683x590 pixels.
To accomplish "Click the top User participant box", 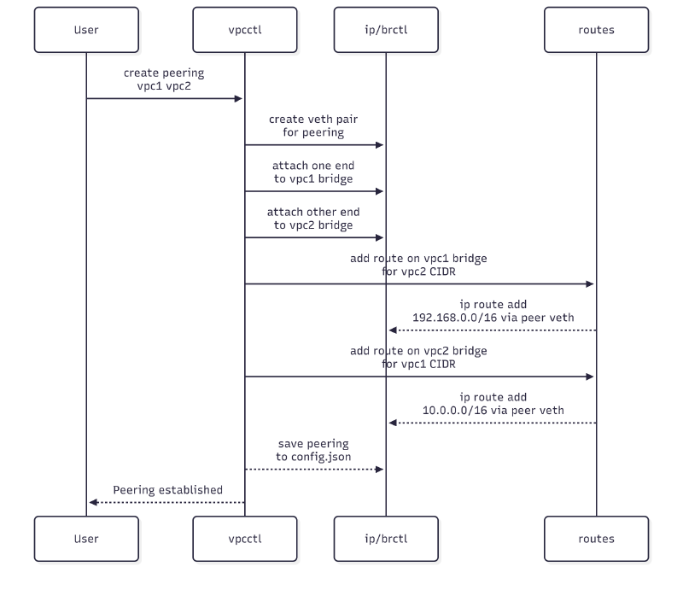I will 86,30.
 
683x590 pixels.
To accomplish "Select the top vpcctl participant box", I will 244,30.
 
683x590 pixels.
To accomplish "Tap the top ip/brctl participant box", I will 385,30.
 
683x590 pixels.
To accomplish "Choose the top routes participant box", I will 596,30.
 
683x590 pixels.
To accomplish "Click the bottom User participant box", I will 86,539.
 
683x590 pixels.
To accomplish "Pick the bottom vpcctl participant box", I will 244,539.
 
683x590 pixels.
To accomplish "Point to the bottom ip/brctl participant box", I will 385,539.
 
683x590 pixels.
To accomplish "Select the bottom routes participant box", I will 596,539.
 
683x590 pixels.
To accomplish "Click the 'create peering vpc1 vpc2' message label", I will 164,80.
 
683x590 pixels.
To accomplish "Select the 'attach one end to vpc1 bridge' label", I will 313,172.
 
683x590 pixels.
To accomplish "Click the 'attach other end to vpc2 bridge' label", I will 313,219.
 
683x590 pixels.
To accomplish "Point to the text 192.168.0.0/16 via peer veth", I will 493,318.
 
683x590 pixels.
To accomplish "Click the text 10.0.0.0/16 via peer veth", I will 493,410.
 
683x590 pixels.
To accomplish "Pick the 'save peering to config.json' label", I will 313,451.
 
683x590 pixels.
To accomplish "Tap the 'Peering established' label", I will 167,490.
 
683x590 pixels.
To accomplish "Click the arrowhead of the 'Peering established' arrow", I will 93,502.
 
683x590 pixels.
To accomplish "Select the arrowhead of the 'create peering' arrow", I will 239,99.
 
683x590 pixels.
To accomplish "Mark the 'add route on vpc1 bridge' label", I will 418,258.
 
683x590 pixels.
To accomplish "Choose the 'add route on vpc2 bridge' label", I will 418,350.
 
